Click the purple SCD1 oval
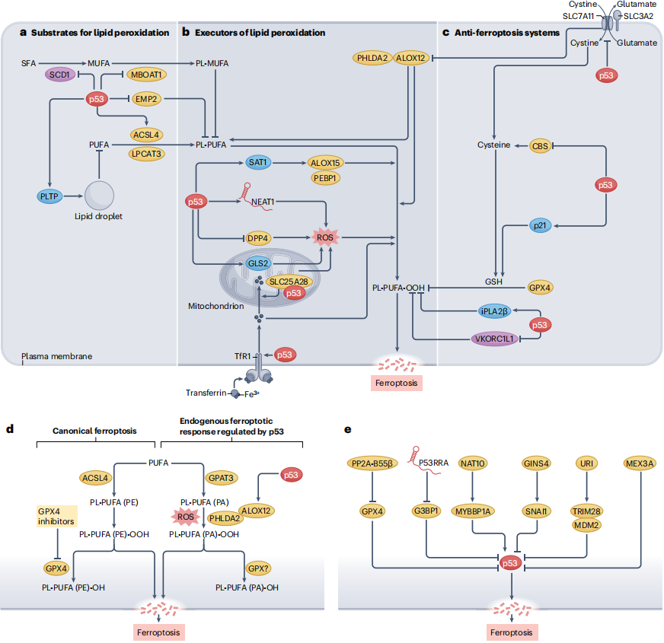[x=59, y=75]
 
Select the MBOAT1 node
[x=146, y=75]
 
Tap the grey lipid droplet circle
[x=99, y=196]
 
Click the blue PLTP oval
[x=49, y=196]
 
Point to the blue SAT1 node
[x=258, y=163]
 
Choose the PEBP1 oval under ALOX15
[x=325, y=178]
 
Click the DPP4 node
[x=258, y=238]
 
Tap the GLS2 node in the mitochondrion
[x=258, y=263]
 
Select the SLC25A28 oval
[x=289, y=282]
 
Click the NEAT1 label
[x=263, y=202]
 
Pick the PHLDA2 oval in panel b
[x=372, y=58]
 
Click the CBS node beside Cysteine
[x=540, y=146]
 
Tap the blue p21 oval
[x=540, y=226]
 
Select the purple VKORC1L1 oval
[x=494, y=339]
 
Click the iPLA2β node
[x=494, y=311]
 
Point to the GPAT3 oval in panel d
[x=221, y=478]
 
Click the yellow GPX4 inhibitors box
[x=57, y=516]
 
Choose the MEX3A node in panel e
[x=640, y=463]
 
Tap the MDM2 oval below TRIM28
[x=586, y=525]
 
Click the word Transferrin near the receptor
[x=206, y=393]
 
